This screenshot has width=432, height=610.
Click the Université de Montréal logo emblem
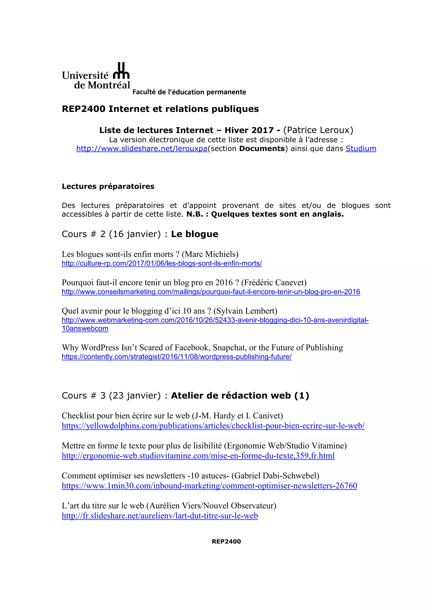tap(121, 71)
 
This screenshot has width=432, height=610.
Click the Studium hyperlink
tap(361, 148)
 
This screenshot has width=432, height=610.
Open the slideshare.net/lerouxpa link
tap(142, 148)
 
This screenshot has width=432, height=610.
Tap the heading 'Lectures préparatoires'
tap(108, 186)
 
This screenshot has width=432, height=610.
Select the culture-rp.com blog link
tap(162, 263)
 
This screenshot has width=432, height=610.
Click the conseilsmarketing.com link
tap(211, 292)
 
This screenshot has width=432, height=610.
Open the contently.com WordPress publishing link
tap(177, 357)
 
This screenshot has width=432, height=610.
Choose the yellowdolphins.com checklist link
tap(213, 426)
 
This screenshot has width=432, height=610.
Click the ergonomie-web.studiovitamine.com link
tap(198, 456)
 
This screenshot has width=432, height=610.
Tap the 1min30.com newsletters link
tap(209, 486)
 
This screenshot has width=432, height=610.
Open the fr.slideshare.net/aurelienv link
tap(160, 516)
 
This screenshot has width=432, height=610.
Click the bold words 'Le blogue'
tap(194, 234)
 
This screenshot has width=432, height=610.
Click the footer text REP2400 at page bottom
tap(226, 542)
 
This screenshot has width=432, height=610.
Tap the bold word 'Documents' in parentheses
tap(262, 148)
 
